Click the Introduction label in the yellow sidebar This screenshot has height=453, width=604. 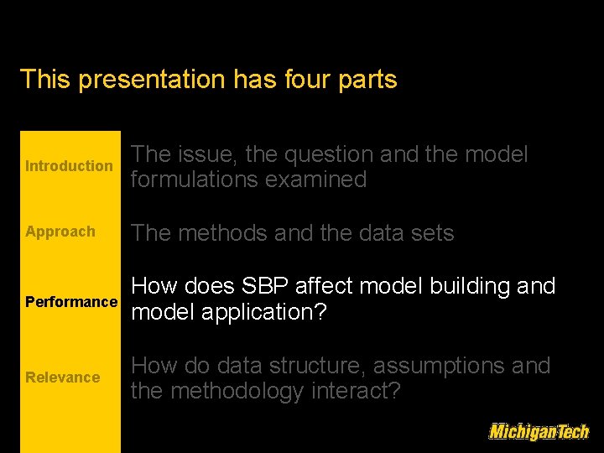click(69, 166)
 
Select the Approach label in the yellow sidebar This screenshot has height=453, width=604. click(60, 232)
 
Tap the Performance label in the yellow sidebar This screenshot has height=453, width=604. click(71, 301)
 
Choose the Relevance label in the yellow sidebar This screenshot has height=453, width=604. click(63, 377)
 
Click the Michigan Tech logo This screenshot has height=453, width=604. click(539, 431)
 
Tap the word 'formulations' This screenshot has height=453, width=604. click(195, 180)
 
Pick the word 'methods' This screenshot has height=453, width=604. click(221, 233)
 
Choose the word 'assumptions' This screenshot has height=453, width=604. click(445, 367)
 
